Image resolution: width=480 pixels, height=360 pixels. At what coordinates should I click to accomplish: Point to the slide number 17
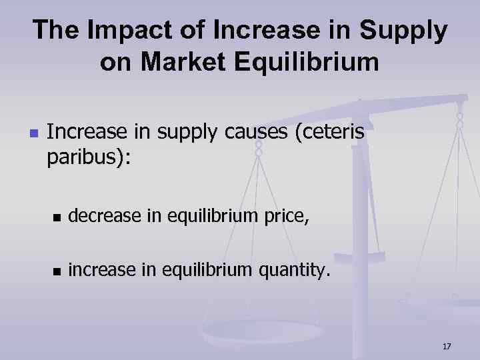coord(446,346)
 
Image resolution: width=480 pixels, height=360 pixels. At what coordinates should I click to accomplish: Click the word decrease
coord(103,215)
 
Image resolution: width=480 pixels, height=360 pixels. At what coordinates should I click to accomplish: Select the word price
coord(286,215)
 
